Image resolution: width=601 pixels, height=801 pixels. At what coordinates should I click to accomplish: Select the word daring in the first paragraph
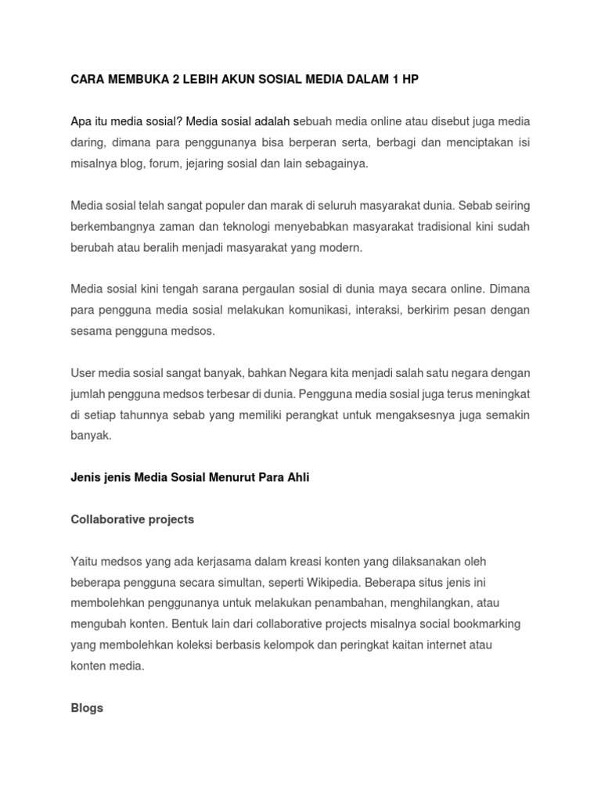(87, 143)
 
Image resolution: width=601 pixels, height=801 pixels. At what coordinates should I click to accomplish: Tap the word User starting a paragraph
(84, 373)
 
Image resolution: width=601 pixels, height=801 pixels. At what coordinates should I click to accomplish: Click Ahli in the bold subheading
(296, 477)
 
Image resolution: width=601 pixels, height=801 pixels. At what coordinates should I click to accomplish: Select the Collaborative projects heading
(132, 519)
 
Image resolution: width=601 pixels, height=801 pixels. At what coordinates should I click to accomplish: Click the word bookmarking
(487, 624)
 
